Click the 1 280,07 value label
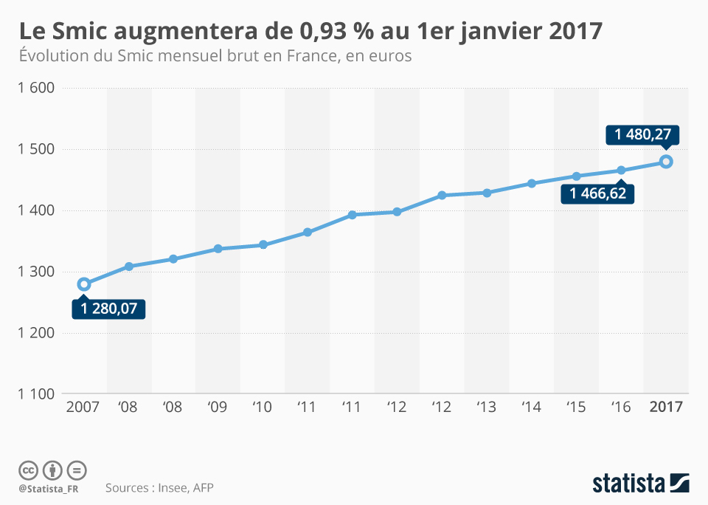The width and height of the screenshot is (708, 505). pos(109,309)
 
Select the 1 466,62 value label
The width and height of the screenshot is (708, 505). pos(598,193)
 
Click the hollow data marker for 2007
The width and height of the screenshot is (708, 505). pos(84,284)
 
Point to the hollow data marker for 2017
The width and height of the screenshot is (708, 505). pos(665,162)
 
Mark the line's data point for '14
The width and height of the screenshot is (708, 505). pos(532,183)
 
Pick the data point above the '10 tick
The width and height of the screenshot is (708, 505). pos(263,244)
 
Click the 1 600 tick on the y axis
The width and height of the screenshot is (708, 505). pos(35,88)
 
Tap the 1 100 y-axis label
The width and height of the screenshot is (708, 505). pos(35,394)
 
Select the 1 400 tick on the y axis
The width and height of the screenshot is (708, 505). pos(35,210)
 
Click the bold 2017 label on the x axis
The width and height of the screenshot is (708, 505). pos(665,408)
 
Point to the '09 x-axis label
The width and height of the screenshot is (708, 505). pos(218,408)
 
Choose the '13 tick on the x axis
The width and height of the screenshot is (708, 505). pos(487,408)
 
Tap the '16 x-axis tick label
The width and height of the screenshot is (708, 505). pos(621,408)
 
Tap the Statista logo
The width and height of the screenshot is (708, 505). pos(641,483)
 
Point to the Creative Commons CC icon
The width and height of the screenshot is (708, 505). pos(28,470)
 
